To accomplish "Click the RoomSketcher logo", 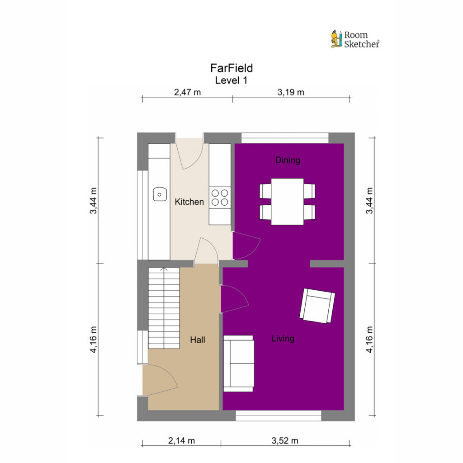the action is (x=355, y=39).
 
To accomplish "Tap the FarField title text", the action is (x=231, y=68).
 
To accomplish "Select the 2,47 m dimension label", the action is (x=188, y=92).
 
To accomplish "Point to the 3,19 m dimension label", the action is (x=291, y=92).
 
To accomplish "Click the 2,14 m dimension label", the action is (x=182, y=441).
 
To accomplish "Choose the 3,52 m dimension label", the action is (x=285, y=441).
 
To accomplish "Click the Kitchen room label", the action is (x=189, y=202).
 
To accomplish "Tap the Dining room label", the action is (x=288, y=160).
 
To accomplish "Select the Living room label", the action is (x=283, y=338).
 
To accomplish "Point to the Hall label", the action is (x=198, y=340).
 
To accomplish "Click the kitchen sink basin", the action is (x=160, y=194).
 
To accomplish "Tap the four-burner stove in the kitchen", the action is (x=220, y=198).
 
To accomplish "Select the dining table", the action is (x=287, y=202).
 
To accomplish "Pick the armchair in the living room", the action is (x=317, y=306).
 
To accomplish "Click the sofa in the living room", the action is (x=239, y=364).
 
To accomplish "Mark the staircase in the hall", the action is (x=164, y=308).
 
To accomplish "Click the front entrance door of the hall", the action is (x=160, y=380).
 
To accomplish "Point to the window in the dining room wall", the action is (x=285, y=138).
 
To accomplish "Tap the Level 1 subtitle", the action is (x=231, y=80).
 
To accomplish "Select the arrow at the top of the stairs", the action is (x=164, y=269).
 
